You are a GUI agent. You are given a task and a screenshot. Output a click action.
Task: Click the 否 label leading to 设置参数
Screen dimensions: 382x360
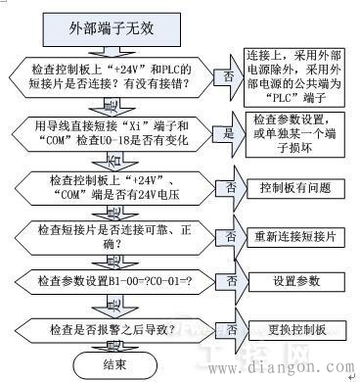(231, 280)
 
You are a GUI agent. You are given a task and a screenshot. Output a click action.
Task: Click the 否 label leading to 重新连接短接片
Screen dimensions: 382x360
(231, 236)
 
